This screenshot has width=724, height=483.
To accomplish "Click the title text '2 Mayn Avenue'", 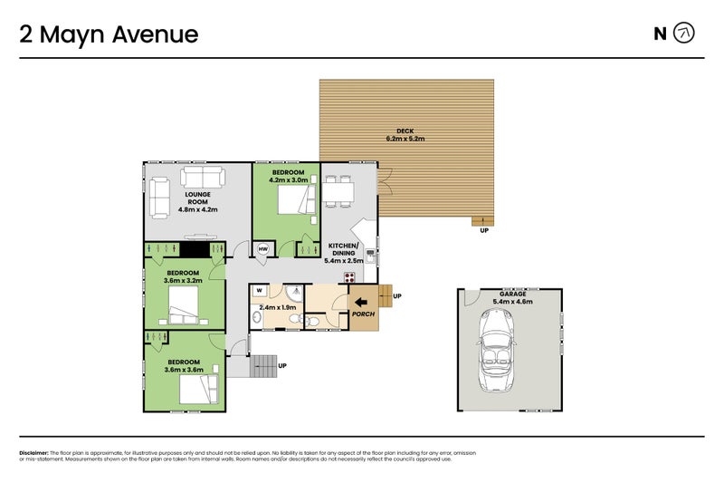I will click(109, 34).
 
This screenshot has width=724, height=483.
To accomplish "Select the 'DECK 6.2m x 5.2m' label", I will click(405, 134).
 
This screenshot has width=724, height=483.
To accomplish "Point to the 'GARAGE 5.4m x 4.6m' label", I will click(512, 298).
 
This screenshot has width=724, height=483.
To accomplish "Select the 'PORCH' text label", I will click(363, 314).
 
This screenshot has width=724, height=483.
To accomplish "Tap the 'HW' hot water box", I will click(263, 249).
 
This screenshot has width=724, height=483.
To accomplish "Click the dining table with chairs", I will click(341, 191).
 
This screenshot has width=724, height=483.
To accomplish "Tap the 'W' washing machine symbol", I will click(260, 291).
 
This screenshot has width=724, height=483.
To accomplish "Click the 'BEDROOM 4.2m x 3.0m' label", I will click(288, 176).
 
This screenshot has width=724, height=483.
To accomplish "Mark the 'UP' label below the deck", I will click(484, 230).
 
